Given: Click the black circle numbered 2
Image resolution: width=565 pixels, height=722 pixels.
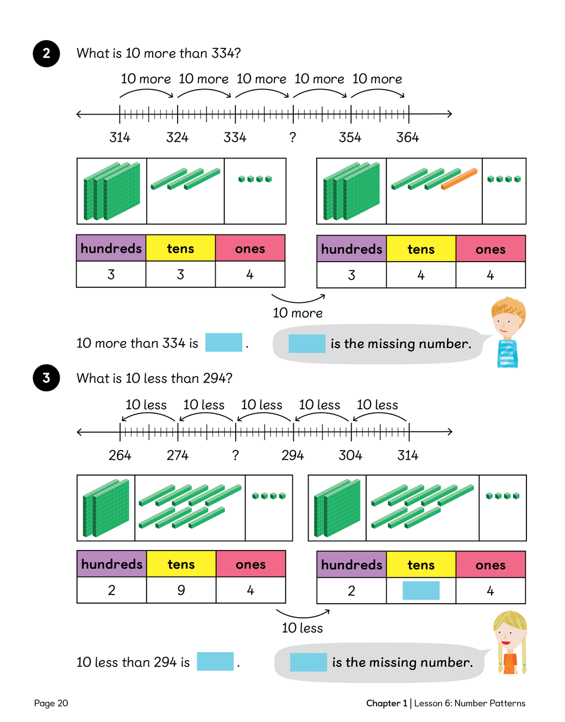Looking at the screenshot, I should [x=46, y=53].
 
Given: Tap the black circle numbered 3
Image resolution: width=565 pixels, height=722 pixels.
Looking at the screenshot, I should [x=46, y=378].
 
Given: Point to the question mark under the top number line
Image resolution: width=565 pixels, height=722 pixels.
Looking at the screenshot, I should [x=293, y=137].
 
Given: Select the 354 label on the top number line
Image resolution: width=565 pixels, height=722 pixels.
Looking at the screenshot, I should [x=350, y=137].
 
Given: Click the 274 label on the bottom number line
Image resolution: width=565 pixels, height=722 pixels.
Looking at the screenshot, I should [x=178, y=455].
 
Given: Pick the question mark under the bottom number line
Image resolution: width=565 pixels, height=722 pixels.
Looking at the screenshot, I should [x=235, y=455].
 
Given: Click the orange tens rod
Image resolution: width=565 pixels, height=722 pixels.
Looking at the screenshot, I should [x=459, y=179].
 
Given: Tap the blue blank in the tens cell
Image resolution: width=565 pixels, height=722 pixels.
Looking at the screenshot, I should [x=421, y=591].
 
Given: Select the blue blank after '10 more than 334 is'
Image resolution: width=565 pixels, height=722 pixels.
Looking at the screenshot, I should [x=223, y=343].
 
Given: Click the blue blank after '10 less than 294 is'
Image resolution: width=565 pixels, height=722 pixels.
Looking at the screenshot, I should [x=215, y=661].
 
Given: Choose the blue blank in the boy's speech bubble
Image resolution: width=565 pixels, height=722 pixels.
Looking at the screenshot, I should [x=306, y=344].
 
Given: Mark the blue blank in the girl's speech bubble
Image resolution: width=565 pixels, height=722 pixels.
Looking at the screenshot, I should [x=308, y=662].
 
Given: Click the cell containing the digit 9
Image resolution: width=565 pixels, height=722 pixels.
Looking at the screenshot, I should [x=181, y=590].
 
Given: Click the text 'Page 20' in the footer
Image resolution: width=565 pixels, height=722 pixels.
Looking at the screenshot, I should [x=51, y=704].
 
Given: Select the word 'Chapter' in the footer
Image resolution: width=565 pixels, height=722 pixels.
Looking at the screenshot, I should [x=383, y=704].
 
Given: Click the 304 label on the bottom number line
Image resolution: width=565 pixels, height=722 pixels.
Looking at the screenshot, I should [x=350, y=455].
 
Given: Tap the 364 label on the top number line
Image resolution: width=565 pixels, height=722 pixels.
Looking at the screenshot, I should [x=407, y=137].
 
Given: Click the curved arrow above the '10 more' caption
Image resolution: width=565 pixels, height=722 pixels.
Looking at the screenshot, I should [x=298, y=299].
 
